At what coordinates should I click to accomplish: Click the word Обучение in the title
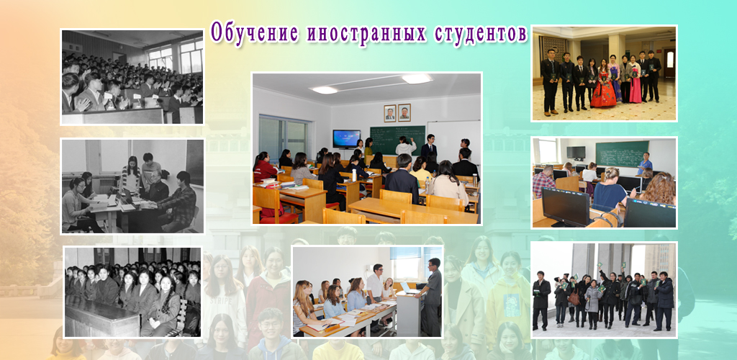click(254, 33)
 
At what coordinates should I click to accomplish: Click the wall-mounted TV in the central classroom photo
click(346, 139)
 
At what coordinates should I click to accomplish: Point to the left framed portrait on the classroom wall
click(389, 113)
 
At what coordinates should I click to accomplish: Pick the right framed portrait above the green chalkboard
click(404, 113)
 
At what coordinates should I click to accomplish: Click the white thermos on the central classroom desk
click(475, 179)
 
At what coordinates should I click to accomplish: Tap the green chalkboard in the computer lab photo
click(622, 153)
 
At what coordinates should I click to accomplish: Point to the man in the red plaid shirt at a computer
click(544, 181)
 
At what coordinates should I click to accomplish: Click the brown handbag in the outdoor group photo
click(574, 298)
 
